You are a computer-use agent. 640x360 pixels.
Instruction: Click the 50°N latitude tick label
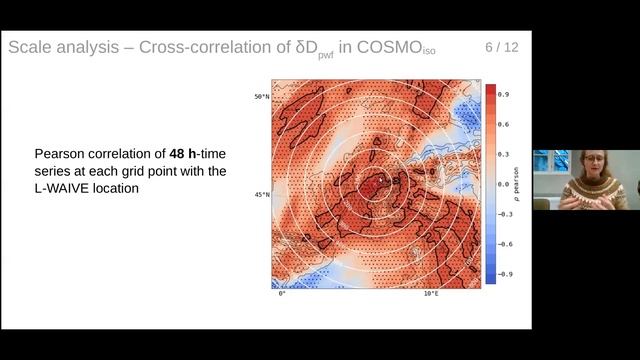coord(261,97)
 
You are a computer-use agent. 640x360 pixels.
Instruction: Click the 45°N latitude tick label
coord(261,195)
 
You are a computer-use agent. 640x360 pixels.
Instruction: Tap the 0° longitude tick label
coord(282,294)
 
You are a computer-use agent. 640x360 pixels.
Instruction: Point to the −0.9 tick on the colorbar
coord(505,273)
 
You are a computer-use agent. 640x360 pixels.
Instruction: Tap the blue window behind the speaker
coord(549,165)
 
